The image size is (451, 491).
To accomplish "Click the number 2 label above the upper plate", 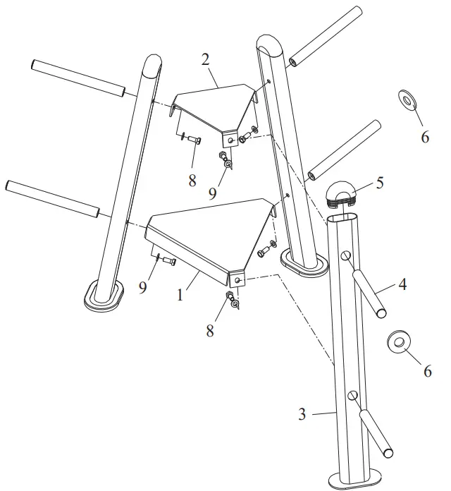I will (x=206, y=59).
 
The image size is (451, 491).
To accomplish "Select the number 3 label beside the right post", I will (x=302, y=414).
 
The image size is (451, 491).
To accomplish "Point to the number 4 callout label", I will (x=402, y=286).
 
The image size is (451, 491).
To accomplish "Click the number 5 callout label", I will (x=379, y=183).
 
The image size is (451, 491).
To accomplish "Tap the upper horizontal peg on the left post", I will (x=78, y=78).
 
